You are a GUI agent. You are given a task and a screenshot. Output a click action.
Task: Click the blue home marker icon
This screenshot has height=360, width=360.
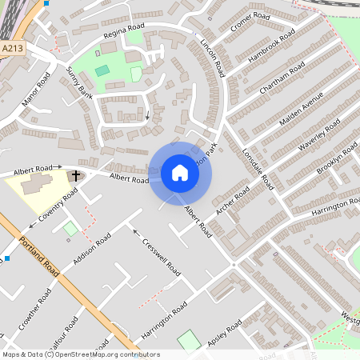pos(180,173)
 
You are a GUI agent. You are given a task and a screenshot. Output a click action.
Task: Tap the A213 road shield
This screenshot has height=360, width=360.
pos(12,49)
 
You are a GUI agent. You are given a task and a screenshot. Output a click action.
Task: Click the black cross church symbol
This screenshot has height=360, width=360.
pos(77,175)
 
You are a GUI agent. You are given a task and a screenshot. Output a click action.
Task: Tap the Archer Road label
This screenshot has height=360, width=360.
pos(233,201)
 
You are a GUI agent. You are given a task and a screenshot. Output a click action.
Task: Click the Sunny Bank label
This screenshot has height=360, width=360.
pos(80,82)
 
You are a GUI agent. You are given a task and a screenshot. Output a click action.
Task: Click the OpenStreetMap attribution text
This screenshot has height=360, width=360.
pos(79,354)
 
